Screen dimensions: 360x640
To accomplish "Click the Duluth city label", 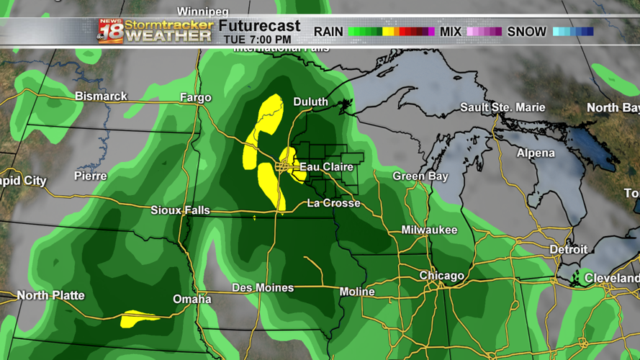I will pyautogui.click(x=310, y=102).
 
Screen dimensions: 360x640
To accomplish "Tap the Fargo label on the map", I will pyautogui.click(x=196, y=97).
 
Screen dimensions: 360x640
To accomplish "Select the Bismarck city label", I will pyautogui.click(x=101, y=96).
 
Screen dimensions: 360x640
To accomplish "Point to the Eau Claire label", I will pyautogui.click(x=326, y=167).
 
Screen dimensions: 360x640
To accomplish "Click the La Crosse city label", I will pyautogui.click(x=333, y=203).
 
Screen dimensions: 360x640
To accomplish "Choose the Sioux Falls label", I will pyautogui.click(x=180, y=210).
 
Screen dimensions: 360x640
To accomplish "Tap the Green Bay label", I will pyautogui.click(x=420, y=176).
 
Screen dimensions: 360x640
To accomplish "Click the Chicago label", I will pyautogui.click(x=441, y=276).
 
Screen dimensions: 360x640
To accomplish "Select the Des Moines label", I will pyautogui.click(x=263, y=287).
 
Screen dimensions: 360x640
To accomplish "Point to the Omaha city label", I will pyautogui.click(x=192, y=299).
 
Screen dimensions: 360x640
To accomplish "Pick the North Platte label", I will pyautogui.click(x=50, y=295).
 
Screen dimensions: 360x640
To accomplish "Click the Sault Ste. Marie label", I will pyautogui.click(x=502, y=107).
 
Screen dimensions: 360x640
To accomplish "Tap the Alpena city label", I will pyautogui.click(x=536, y=153).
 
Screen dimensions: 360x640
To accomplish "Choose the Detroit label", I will pyautogui.click(x=568, y=249).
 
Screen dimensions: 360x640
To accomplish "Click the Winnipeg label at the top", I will pyautogui.click(x=202, y=12).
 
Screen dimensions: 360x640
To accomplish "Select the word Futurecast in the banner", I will pyautogui.click(x=259, y=27).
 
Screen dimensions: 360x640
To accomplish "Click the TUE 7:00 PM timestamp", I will pyautogui.click(x=256, y=40).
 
